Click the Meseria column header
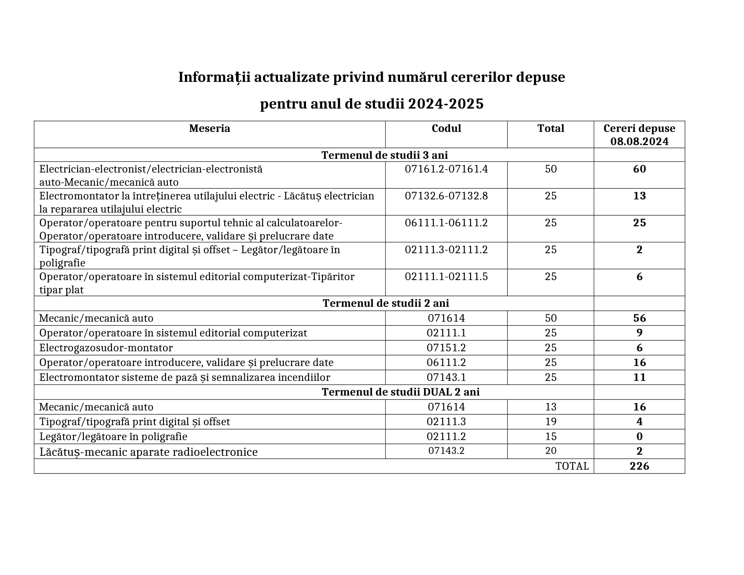[210, 129]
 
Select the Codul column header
[446, 129]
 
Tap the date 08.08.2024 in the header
[639, 141]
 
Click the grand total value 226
[639, 466]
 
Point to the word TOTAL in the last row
[572, 466]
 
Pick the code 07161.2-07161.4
[446, 169]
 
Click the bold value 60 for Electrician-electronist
[639, 169]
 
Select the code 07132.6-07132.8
[446, 196]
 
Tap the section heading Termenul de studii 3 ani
[385, 155]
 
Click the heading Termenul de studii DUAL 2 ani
[401, 392]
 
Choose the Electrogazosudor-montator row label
[106, 348]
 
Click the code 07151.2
[446, 348]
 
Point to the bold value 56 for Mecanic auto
[639, 318]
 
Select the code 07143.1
[446, 377]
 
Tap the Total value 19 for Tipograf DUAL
[551, 422]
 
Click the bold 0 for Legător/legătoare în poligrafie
[639, 436]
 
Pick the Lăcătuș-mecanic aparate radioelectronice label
[148, 452]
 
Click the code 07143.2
[446, 451]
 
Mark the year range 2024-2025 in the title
[446, 104]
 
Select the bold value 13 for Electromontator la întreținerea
[639, 196]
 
